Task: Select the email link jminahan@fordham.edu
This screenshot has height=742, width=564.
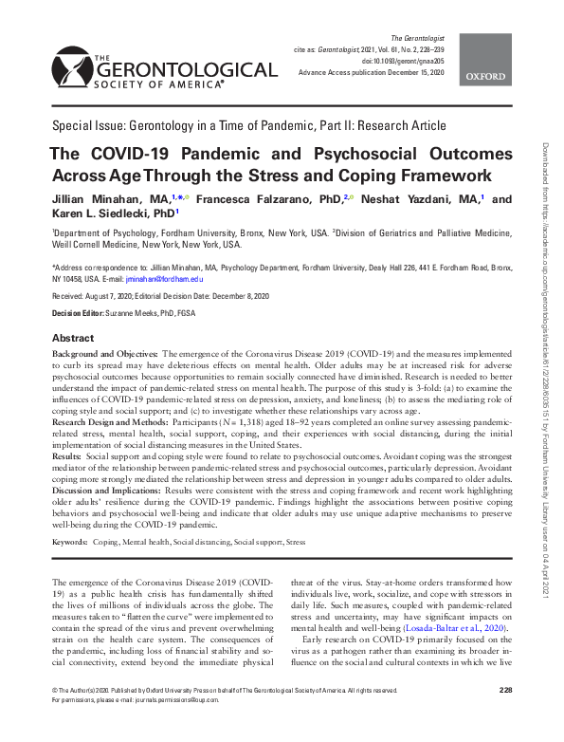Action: [169, 278]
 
